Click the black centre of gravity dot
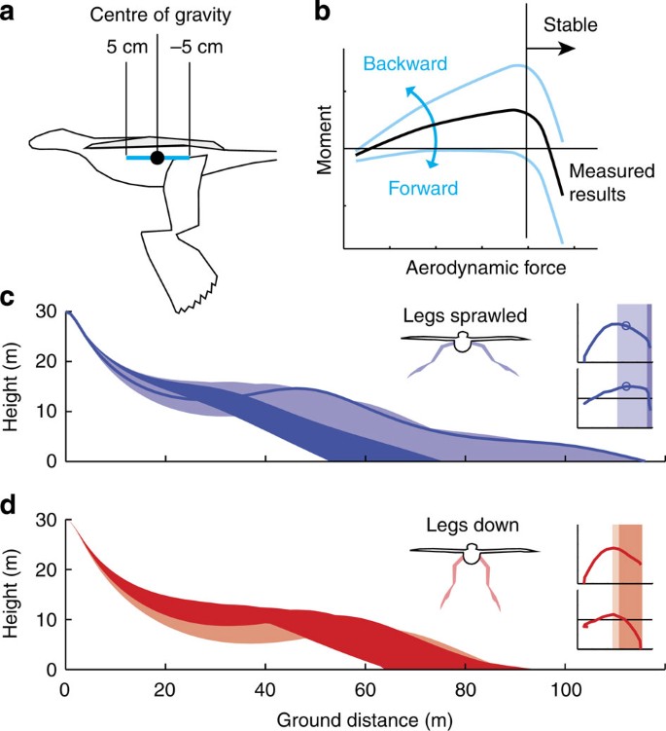tap(157, 157)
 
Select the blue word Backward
tap(404, 64)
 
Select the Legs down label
tap(472, 527)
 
